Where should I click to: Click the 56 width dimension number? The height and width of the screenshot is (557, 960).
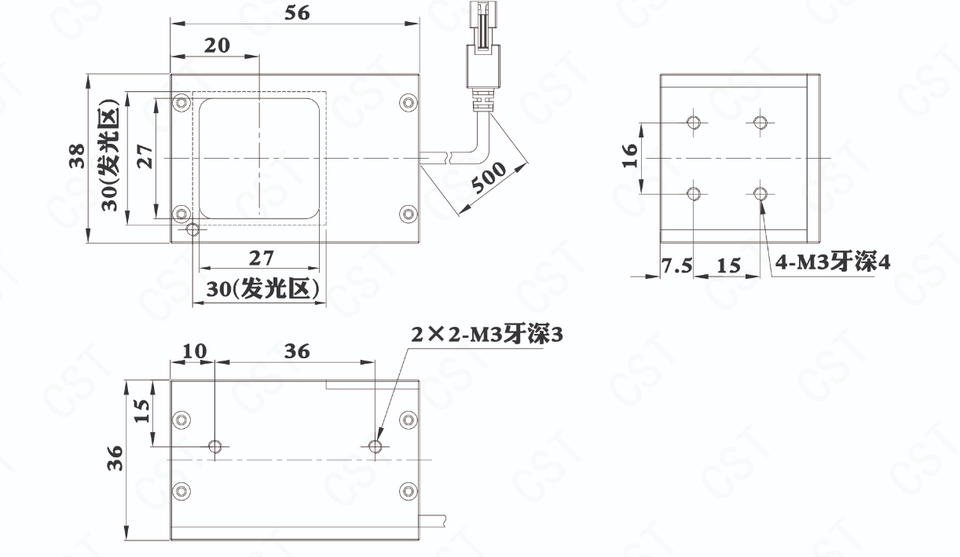297,13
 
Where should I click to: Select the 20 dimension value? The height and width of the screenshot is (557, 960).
217,46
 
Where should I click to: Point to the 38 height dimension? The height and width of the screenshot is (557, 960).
78,156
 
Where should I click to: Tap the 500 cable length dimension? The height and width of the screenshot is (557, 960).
489,178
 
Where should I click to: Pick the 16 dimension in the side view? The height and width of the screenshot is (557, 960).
629,155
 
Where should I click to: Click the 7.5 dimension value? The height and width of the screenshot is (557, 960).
676,266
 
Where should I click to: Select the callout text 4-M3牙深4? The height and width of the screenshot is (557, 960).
832,262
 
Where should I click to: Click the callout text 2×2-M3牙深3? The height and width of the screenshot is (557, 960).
487,335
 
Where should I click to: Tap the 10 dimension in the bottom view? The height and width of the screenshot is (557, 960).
195,351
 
